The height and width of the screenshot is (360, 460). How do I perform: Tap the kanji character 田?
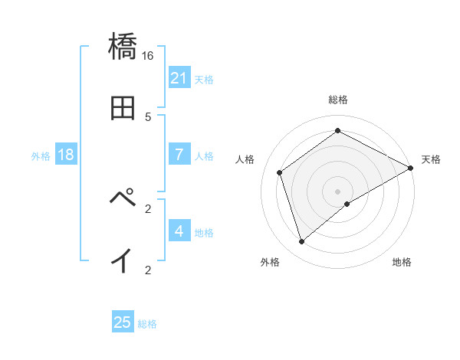click(x=123, y=108)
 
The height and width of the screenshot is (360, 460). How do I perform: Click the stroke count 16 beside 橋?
click(x=148, y=56)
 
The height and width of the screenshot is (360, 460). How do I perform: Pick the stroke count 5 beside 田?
click(x=148, y=117)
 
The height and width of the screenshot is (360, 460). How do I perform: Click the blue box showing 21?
click(x=179, y=78)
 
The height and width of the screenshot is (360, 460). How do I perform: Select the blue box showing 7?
click(x=179, y=155)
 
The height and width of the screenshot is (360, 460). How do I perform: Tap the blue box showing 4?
click(x=179, y=231)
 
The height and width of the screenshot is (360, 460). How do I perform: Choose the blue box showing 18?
click(x=66, y=155)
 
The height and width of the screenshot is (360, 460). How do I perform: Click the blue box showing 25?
click(x=123, y=322)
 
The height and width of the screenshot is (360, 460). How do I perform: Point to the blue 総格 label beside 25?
click(x=147, y=324)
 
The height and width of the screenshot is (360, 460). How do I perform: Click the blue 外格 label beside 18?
click(x=41, y=156)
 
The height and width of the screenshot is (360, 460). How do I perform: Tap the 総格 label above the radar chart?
click(x=338, y=100)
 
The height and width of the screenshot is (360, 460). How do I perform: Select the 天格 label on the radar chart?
click(x=431, y=159)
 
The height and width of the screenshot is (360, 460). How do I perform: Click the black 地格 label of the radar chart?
click(x=402, y=263)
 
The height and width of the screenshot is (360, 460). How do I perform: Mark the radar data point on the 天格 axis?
click(x=411, y=168)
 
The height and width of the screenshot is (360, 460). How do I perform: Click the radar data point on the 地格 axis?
click(x=347, y=204)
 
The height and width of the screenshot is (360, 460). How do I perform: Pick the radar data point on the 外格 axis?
click(x=301, y=242)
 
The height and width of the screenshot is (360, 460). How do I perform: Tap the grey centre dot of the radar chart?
click(x=338, y=191)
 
